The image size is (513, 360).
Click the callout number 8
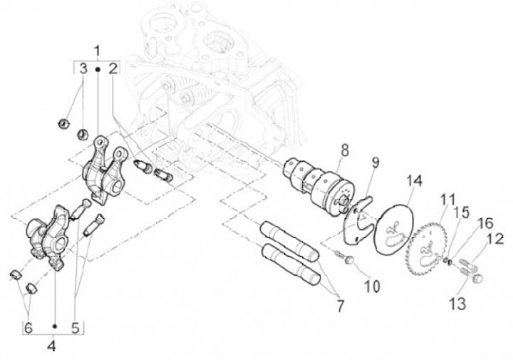pyautogui.click(x=344, y=150)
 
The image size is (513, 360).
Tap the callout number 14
pyautogui.click(x=415, y=181)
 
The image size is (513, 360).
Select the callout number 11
pyautogui.click(x=447, y=200)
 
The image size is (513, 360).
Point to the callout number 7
pyautogui.click(x=341, y=307)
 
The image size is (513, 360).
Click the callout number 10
pyautogui.click(x=372, y=287)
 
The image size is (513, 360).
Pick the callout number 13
pyautogui.click(x=457, y=304)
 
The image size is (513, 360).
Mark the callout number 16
pyautogui.click(x=485, y=224)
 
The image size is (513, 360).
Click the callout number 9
pyautogui.click(x=375, y=163)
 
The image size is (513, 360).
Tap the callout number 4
pyautogui.click(x=52, y=346)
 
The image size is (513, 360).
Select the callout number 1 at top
pyautogui.click(x=97, y=52)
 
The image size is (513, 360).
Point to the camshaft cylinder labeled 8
pyautogui.click(x=320, y=182)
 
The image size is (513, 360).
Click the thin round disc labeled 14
pyautogui.click(x=395, y=229)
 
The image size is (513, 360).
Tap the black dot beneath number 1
pyautogui.click(x=97, y=69)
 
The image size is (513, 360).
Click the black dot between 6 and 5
pyautogui.click(x=55, y=326)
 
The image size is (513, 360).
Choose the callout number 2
pyautogui.click(x=113, y=69)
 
